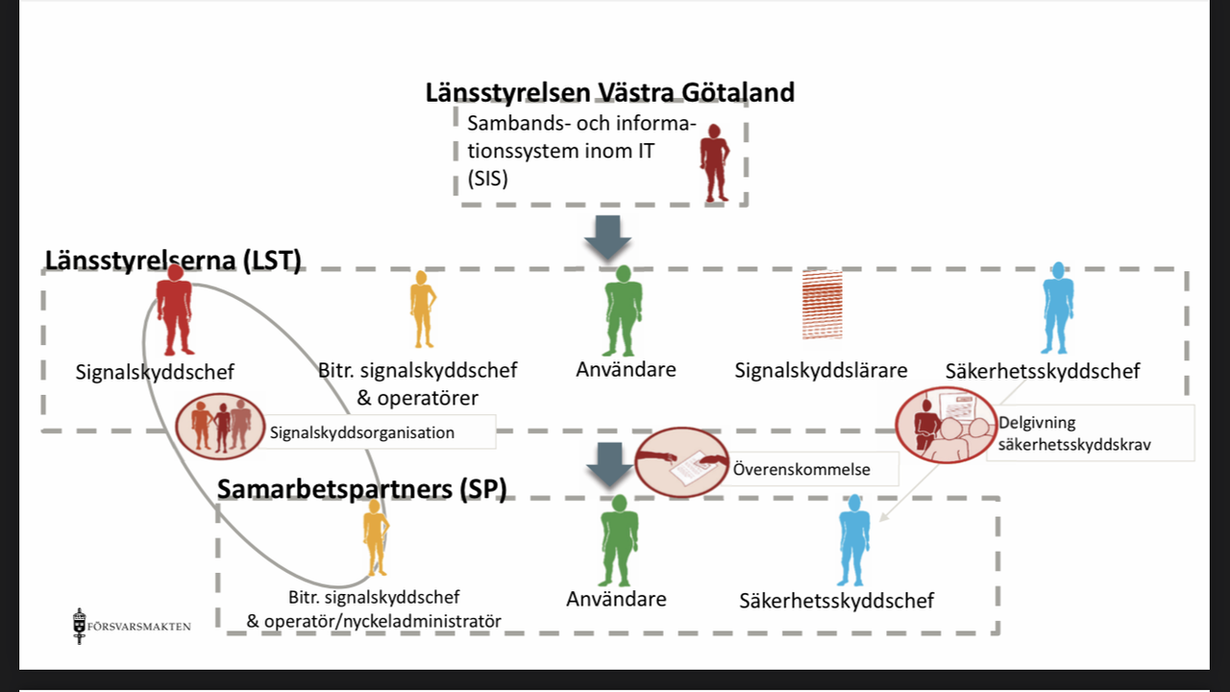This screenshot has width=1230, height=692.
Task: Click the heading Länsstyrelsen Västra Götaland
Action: click(610, 93)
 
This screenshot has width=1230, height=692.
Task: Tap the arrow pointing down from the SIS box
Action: click(607, 238)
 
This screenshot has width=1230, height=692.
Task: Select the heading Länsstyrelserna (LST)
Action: click(173, 260)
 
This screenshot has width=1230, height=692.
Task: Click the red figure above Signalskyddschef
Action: click(175, 309)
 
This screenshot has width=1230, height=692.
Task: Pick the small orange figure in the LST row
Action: click(422, 309)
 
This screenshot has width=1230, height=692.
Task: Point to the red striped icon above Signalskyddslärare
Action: click(822, 305)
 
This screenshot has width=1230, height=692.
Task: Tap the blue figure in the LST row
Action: click(1058, 308)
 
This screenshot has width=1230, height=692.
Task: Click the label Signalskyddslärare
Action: click(822, 370)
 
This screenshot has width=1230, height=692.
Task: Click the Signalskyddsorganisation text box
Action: click(362, 432)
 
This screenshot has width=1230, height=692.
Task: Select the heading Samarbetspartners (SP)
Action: click(361, 488)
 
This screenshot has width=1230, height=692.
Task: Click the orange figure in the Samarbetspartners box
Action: click(374, 544)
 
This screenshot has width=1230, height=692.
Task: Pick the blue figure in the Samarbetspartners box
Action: click(853, 539)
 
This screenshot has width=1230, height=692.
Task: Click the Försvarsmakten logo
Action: click(133, 626)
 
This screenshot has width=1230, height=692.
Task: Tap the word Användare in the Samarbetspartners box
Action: click(616, 599)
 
